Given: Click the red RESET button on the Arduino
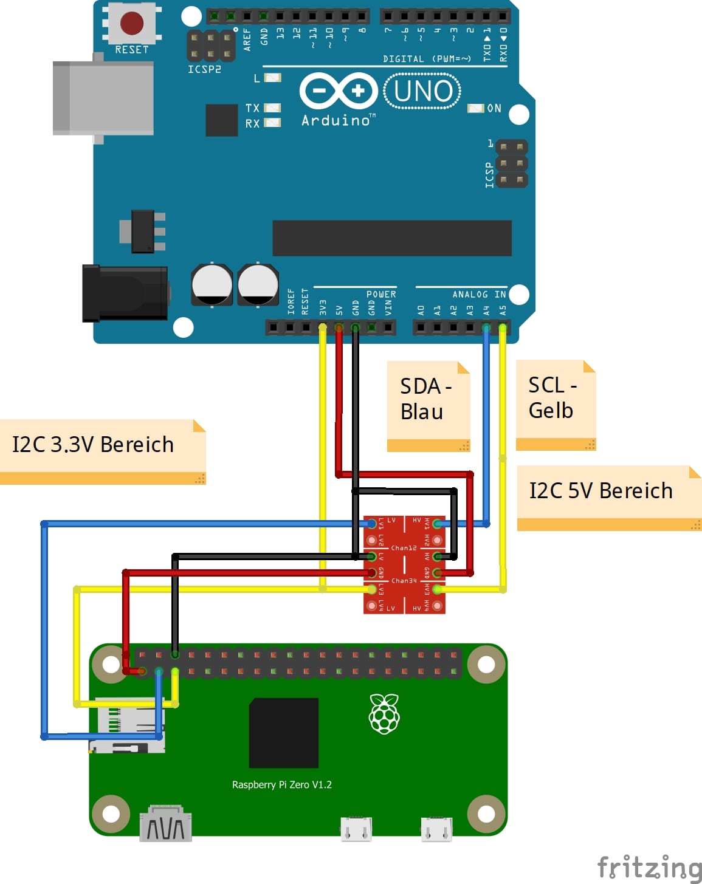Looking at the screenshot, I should [132, 24].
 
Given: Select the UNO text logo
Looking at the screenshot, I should [422, 91].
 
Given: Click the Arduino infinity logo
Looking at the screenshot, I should [339, 91].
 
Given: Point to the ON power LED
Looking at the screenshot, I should [475, 108].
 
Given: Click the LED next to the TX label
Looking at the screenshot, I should [272, 108].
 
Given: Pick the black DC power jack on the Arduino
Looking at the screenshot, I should [125, 293].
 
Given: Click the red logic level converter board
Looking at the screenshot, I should [404, 564].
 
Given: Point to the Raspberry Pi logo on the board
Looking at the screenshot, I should [384, 714].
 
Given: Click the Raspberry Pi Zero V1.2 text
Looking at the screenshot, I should [281, 784].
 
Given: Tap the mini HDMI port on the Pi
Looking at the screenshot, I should [165, 824].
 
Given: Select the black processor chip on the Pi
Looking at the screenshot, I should [284, 733].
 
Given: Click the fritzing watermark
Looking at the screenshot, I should [649, 867].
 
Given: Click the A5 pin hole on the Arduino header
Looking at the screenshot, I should [502, 328].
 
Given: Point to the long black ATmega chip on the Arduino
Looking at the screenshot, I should [392, 238].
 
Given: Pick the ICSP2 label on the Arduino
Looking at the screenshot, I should [204, 69].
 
